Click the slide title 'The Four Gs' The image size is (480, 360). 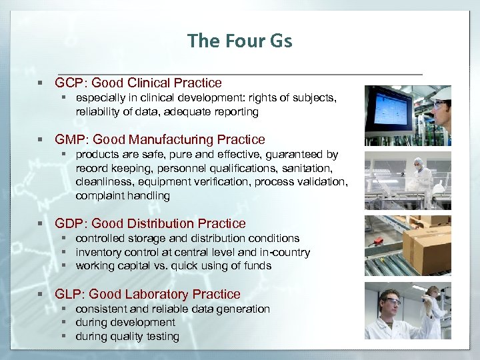[240, 41]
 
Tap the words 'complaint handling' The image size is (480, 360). [123, 196]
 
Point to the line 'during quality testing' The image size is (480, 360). [127, 337]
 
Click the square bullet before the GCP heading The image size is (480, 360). [41, 83]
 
